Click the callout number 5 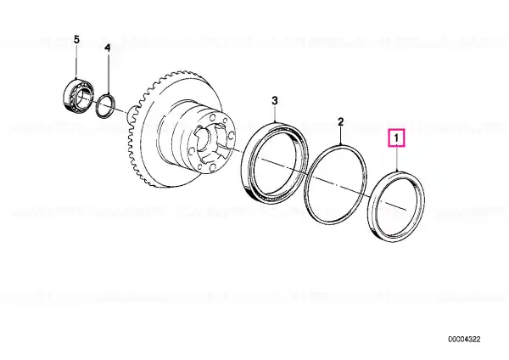point(76,40)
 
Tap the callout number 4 point(108,48)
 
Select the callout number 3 point(275,101)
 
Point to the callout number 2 point(340,122)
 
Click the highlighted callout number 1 point(396,138)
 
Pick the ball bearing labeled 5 point(78,94)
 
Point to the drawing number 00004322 point(464,340)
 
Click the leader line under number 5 point(76,62)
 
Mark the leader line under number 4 point(108,74)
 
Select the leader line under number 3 point(275,114)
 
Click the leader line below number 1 point(397,160)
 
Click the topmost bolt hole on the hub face point(213,117)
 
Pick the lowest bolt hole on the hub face point(213,167)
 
